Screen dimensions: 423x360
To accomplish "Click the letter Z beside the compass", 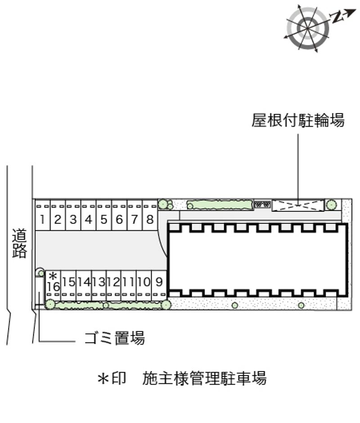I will point(337,17).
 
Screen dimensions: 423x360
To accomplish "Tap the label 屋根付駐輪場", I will point(298,120).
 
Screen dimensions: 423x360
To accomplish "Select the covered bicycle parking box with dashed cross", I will point(298,205).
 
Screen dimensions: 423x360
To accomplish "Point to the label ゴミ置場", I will point(115,337).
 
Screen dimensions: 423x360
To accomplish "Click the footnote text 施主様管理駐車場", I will point(204,378).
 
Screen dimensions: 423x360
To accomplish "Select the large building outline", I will point(257,260).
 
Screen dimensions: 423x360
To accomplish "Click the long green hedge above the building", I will point(220,205).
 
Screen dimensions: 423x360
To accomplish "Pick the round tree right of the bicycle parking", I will point(331,205).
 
